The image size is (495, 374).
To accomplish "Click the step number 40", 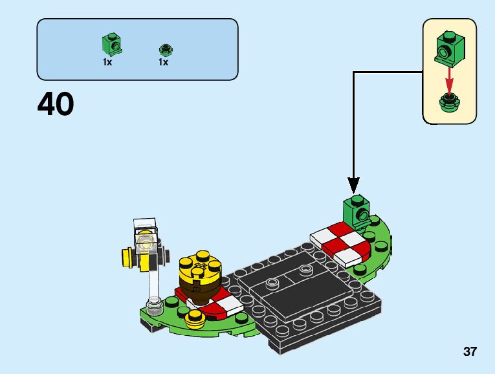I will click(56, 104).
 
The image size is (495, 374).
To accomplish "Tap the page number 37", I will click(470, 352).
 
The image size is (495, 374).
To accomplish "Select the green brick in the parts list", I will click(113, 45).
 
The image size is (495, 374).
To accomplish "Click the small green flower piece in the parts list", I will click(164, 49).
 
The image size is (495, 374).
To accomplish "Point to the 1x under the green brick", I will click(107, 63).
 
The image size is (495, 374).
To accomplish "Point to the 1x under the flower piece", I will click(163, 63).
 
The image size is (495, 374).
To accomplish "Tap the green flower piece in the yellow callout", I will click(448, 102).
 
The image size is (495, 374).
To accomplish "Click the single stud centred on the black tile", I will click(273, 282).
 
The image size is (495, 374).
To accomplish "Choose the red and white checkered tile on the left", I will click(220, 304).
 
